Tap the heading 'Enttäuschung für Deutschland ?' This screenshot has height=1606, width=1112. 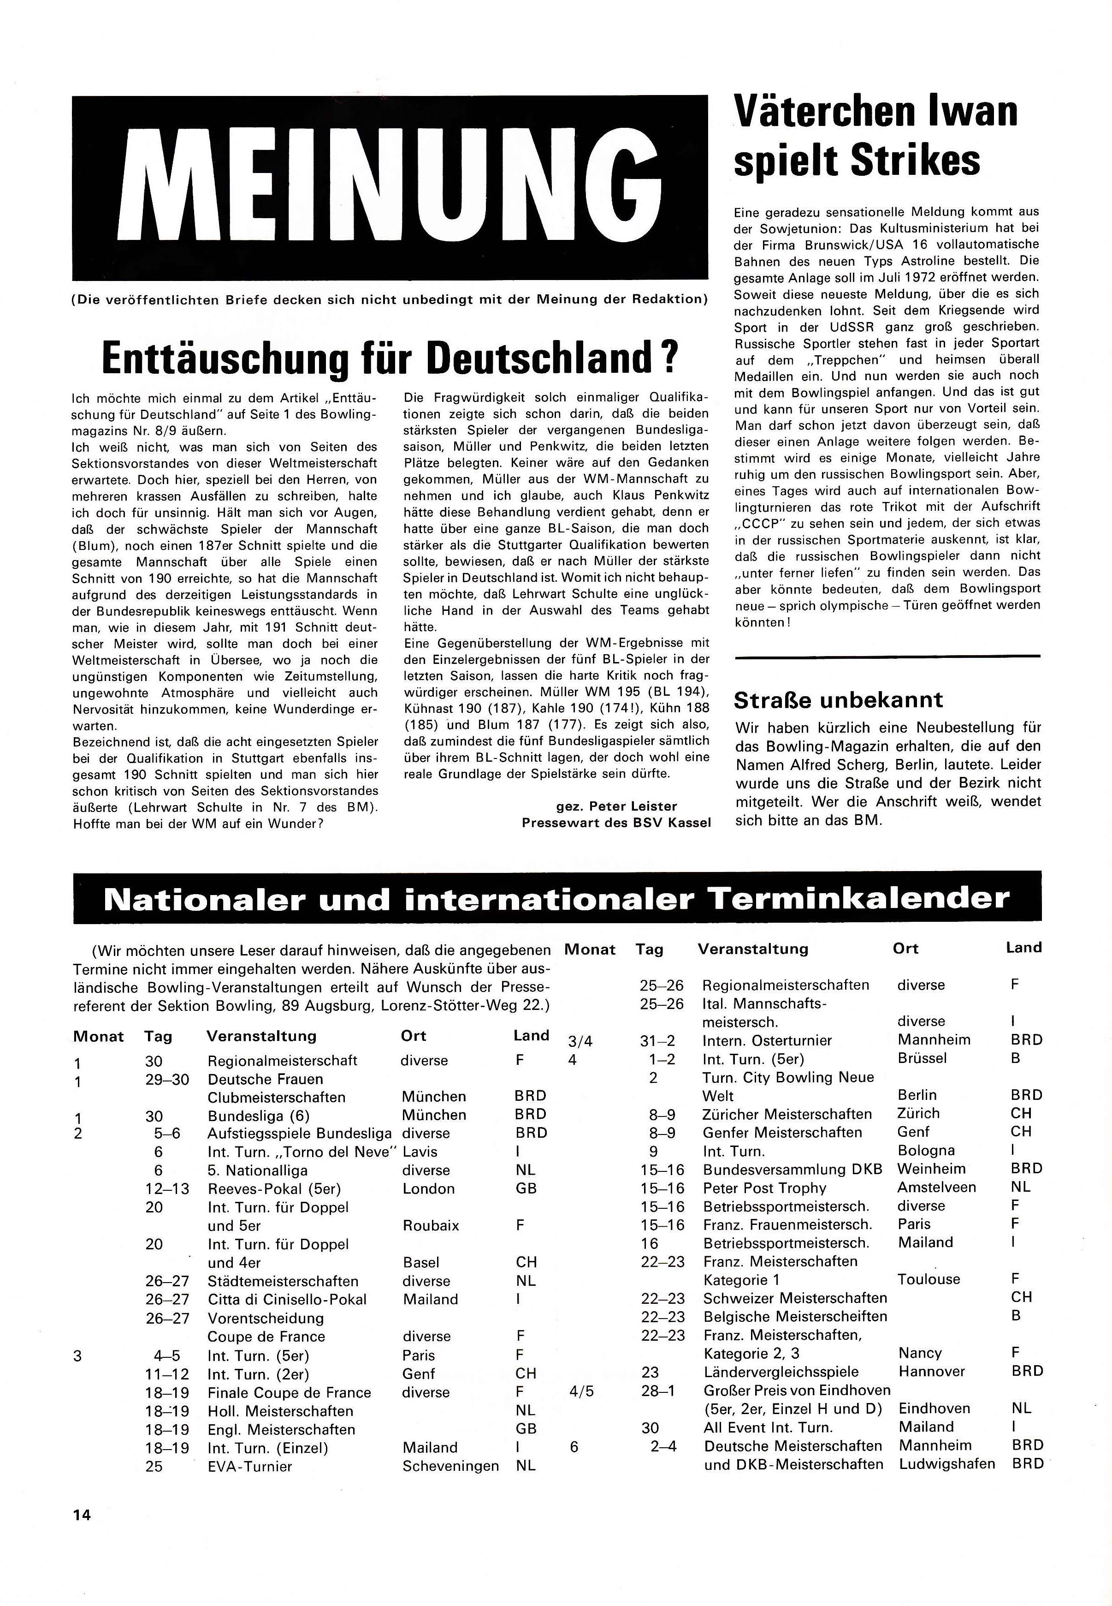pos(390,358)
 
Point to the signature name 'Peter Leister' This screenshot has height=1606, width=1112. pos(633,806)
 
